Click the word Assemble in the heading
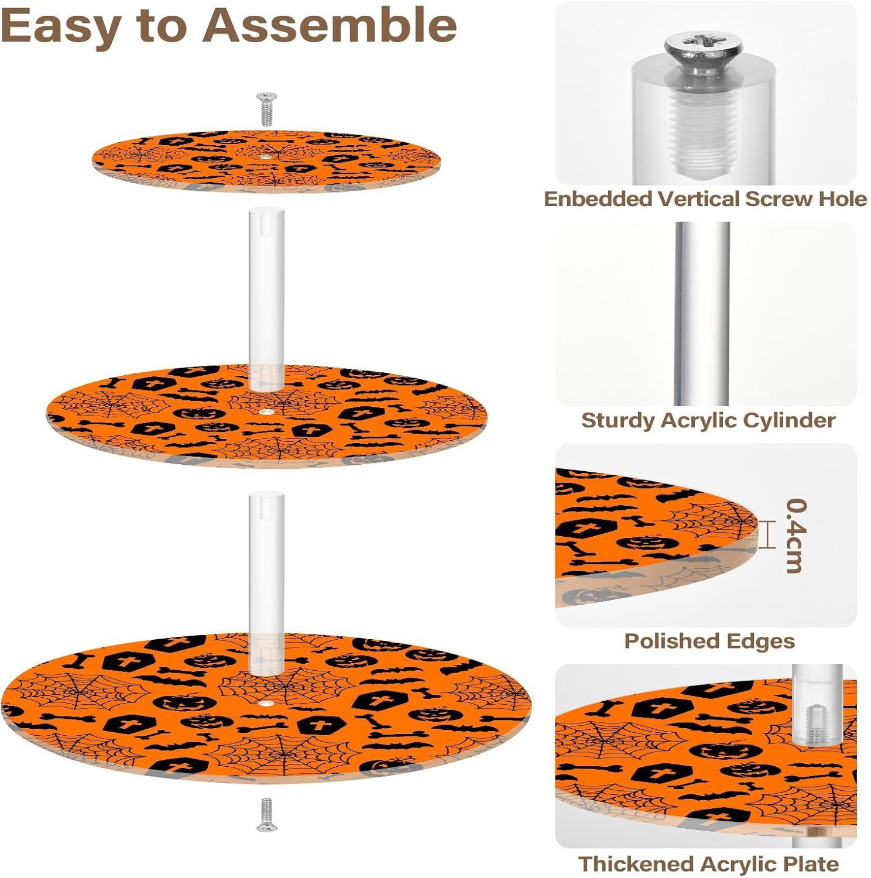331,26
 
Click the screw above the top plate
267,109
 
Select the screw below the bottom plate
266,814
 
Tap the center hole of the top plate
266,157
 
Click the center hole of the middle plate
266,411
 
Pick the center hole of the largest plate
267,702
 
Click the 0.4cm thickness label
796,536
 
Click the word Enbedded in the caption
598,199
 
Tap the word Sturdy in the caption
618,420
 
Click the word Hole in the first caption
842,199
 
